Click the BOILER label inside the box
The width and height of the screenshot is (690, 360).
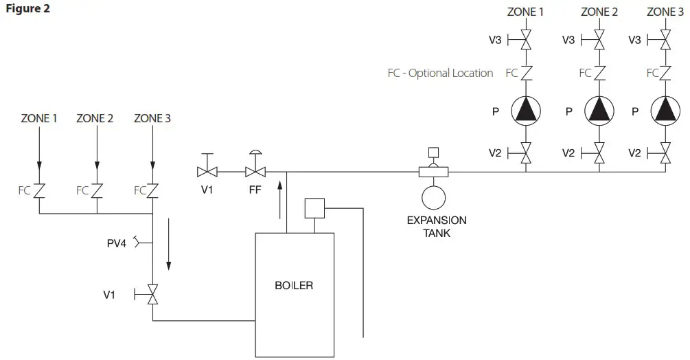(294, 285)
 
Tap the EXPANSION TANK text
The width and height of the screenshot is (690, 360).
(437, 227)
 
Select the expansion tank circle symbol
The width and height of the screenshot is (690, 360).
(434, 196)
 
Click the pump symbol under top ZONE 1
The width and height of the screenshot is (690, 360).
(526, 111)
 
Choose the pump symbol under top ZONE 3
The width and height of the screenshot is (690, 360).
(665, 111)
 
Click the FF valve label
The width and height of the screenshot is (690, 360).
(255, 190)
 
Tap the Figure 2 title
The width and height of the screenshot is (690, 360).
(27, 9)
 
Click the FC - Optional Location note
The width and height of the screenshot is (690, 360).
(440, 73)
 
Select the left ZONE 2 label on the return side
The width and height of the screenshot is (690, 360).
(95, 118)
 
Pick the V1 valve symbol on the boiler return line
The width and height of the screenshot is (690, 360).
(152, 295)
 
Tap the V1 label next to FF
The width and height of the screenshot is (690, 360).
(207, 190)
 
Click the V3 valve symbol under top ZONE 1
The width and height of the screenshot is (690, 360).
(526, 41)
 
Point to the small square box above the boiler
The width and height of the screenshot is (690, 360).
(314, 208)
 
